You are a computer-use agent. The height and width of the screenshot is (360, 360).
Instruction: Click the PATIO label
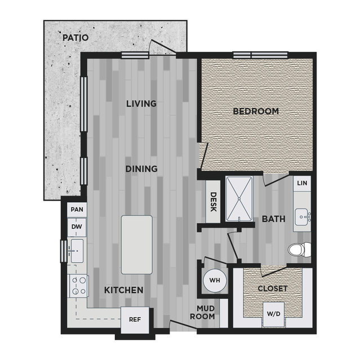click(75, 38)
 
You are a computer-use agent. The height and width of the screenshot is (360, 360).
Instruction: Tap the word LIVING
click(141, 104)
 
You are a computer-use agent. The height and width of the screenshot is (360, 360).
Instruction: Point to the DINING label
click(141, 169)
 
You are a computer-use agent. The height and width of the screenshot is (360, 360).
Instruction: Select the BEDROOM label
click(256, 112)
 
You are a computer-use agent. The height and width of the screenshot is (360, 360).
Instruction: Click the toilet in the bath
click(300, 250)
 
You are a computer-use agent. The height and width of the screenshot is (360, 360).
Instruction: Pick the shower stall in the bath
click(239, 199)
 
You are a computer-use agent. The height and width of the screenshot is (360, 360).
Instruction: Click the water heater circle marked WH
click(215, 281)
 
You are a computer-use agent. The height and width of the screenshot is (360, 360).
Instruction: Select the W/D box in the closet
click(273, 314)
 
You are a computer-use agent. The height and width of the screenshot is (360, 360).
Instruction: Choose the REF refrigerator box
click(135, 319)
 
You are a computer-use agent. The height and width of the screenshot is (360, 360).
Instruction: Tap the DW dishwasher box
click(77, 227)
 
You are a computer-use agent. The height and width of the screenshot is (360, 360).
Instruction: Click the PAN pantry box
click(77, 210)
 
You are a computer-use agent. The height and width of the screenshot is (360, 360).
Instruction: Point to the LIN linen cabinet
click(302, 184)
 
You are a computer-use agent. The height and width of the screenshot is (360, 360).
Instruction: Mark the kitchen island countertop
click(137, 245)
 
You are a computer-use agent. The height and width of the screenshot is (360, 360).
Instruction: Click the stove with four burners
click(79, 286)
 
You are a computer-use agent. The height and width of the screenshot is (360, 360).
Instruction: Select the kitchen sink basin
click(77, 251)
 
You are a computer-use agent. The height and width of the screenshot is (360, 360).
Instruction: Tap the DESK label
click(214, 202)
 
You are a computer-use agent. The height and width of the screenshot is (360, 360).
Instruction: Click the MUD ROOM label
click(202, 313)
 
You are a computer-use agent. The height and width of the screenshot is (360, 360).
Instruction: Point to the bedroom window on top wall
click(260, 55)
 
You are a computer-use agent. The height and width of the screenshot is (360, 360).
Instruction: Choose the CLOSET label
click(273, 288)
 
